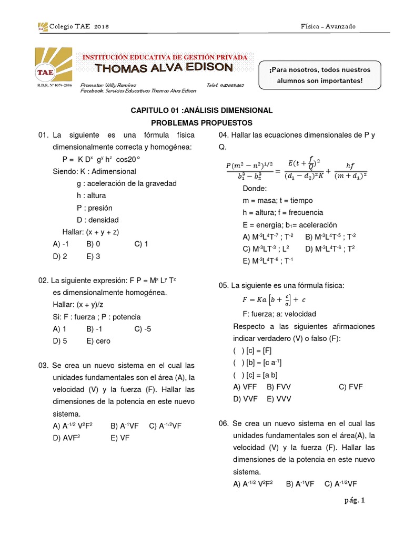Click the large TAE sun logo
point(53,64)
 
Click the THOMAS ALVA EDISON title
point(164,67)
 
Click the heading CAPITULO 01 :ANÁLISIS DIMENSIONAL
point(201,110)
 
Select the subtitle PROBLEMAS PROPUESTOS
point(201,122)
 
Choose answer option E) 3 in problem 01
point(93,256)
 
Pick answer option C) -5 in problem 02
point(143,329)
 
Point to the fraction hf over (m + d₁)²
point(350,170)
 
